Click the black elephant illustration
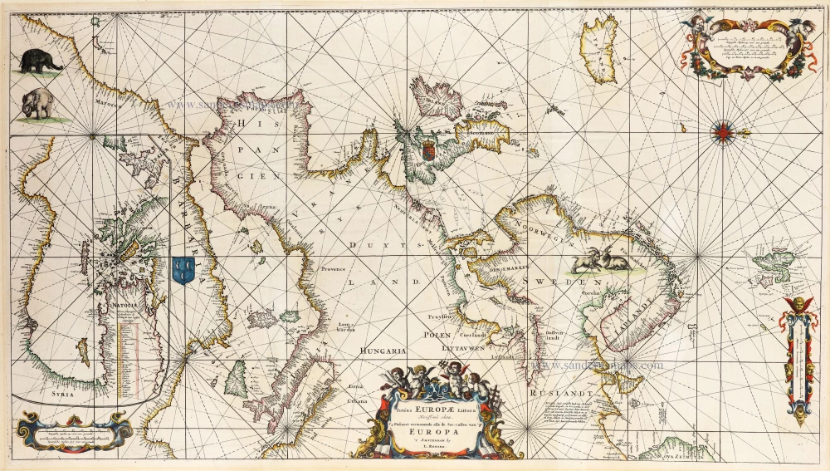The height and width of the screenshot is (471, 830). (42, 60)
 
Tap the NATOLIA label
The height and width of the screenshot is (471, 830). (118, 314)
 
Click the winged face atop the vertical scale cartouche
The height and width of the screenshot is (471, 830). (799, 303)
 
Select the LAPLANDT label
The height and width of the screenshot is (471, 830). (630, 316)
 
